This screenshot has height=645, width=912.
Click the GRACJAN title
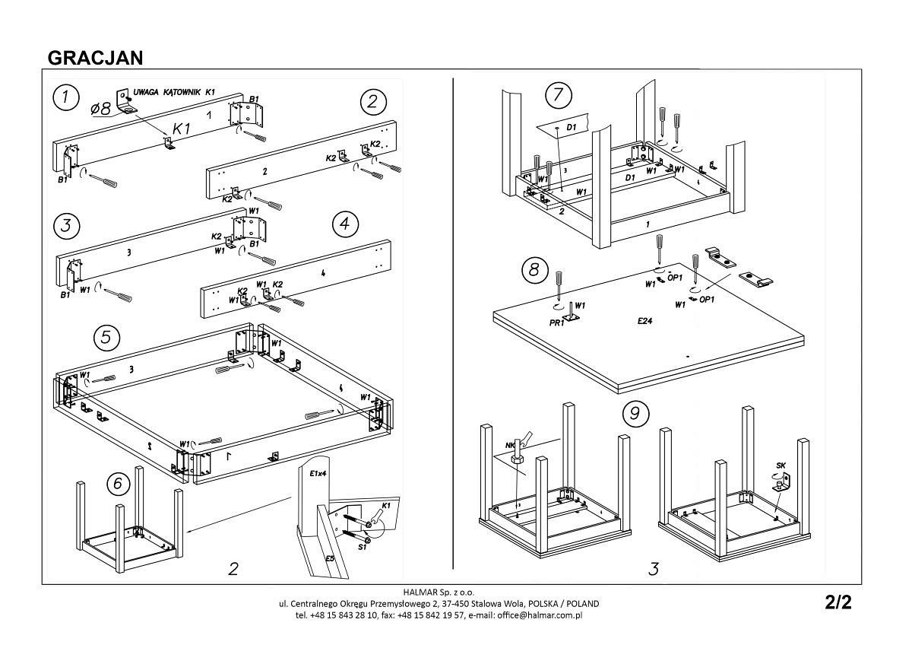(x=96, y=59)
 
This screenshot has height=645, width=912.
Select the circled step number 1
(x=67, y=97)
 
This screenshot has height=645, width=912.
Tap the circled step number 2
(x=373, y=102)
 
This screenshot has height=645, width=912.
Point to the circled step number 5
(x=107, y=336)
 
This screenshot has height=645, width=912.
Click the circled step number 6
(x=116, y=483)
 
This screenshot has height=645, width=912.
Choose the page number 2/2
(x=838, y=603)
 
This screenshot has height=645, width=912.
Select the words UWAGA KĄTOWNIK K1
(x=174, y=92)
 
